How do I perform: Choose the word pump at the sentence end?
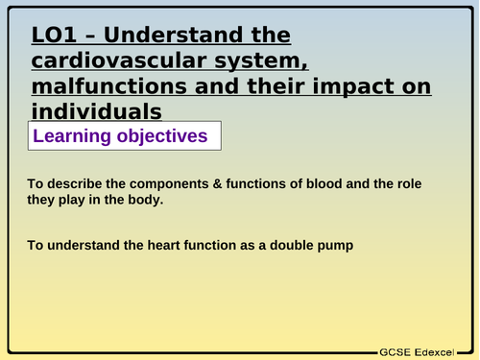[x=333, y=246]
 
